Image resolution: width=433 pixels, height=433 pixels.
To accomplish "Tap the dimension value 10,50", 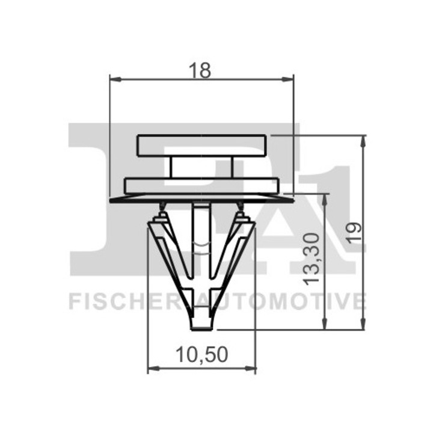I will click(202, 355).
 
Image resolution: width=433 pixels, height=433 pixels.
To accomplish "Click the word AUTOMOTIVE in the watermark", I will click(283, 301).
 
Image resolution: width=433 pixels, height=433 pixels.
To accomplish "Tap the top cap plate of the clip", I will click(201, 146).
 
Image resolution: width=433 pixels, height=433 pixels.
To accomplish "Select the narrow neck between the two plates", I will click(201, 167).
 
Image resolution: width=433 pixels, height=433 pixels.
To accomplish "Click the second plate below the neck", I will click(201, 185).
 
